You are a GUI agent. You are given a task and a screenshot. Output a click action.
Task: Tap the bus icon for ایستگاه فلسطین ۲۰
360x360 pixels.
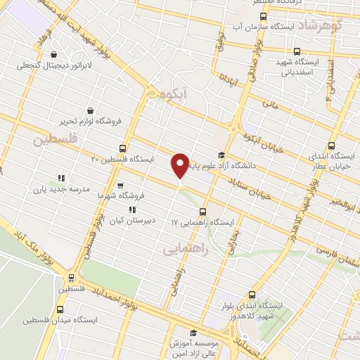point(124,148)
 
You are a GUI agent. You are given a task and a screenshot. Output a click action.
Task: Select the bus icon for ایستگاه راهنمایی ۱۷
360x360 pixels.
point(203,211)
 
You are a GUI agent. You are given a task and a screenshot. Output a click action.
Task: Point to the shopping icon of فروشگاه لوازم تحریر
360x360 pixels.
point(90,110)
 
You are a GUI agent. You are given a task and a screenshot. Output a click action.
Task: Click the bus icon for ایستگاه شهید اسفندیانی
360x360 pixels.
point(297,51)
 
